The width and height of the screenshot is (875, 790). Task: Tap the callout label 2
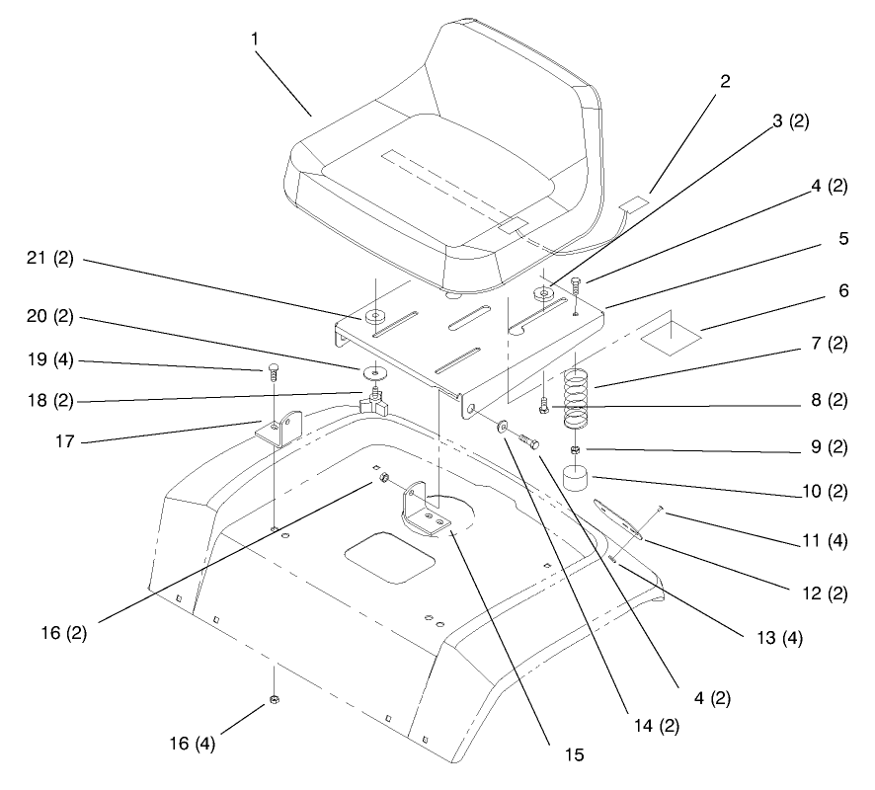725,81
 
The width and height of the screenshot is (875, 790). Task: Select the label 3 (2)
789,122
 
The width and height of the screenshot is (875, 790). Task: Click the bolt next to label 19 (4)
271,373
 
